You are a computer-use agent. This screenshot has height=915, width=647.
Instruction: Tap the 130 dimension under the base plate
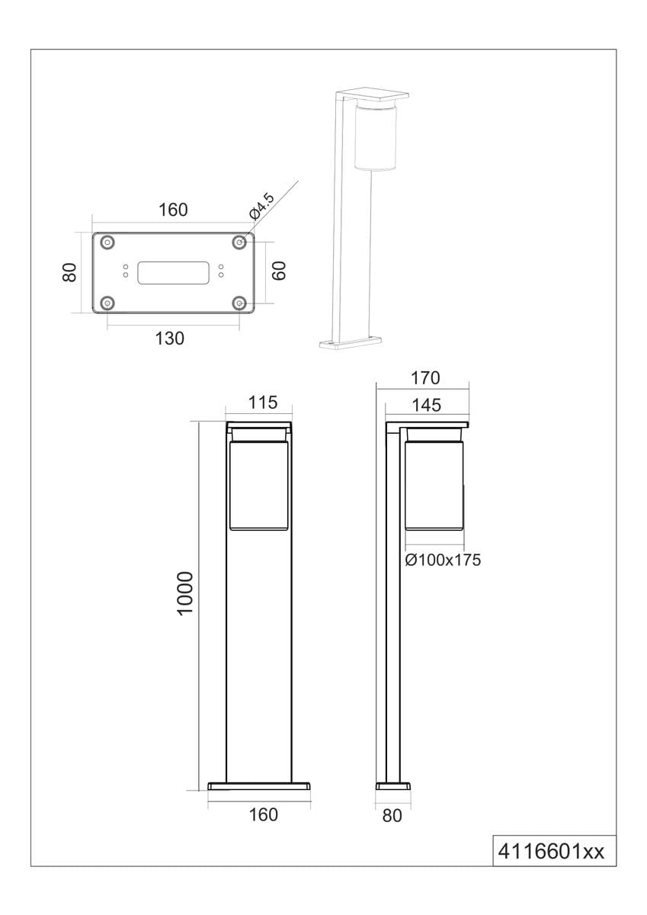pos(169,339)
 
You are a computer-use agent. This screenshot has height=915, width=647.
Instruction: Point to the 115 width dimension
pos(259,402)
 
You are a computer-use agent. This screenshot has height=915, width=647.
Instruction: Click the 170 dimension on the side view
pos(424,377)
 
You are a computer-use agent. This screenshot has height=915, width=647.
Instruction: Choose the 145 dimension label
pos(425,405)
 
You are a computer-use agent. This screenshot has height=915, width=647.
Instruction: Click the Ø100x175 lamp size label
pos(443,560)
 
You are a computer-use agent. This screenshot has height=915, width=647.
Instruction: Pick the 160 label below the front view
pos(263,814)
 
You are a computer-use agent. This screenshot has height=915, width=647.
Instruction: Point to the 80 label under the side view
pos(391,815)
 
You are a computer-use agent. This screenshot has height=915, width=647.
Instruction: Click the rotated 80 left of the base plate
pos(69,272)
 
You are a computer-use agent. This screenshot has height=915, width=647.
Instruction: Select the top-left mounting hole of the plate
pos(108,242)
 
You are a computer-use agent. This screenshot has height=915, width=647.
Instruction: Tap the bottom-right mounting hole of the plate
pos(240,303)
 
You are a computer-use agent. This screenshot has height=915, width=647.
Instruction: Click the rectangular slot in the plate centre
pos(173,272)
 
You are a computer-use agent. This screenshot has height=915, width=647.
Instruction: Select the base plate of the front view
pos(259,785)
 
